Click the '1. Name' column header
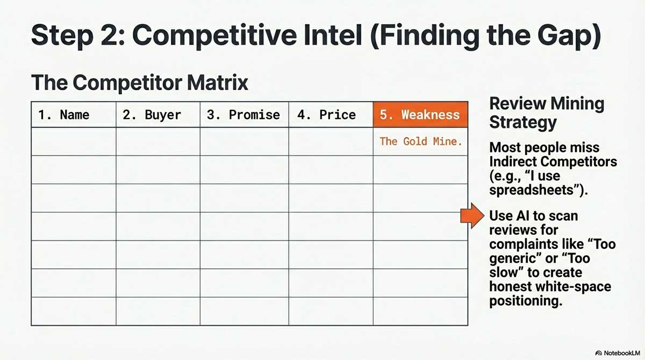pos(63,114)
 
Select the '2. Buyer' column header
pos(152,114)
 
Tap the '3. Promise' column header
pos(243,114)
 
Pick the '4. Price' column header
pos(326,114)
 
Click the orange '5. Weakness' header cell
pos(420,114)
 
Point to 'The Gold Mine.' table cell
pos(420,141)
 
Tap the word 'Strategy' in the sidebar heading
pos(523,122)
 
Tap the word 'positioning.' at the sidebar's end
pos(525,301)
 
